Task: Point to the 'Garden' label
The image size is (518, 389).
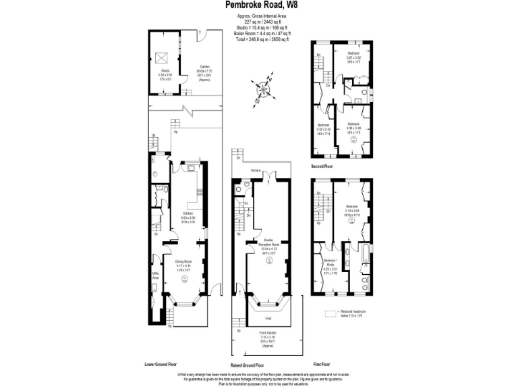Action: point(204,66)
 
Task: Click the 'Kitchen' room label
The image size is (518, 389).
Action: point(188,213)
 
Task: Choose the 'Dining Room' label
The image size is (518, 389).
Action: point(184,261)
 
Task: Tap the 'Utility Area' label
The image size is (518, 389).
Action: point(156,277)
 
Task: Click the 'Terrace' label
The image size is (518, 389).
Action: point(256,170)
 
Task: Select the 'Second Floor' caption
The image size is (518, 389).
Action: point(322,165)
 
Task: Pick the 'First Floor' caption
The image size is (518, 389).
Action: point(322,364)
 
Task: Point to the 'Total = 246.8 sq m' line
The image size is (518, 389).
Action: point(262,40)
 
